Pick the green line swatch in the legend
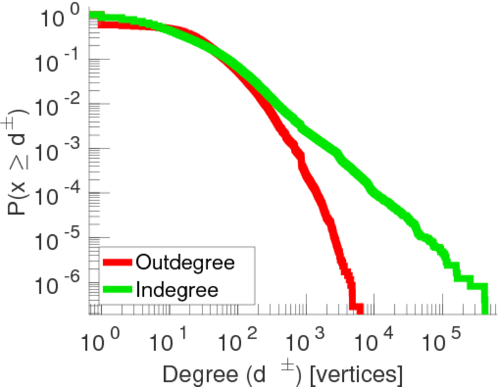(118, 289)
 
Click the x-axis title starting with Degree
(283, 373)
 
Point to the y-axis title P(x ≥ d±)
(19, 161)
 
